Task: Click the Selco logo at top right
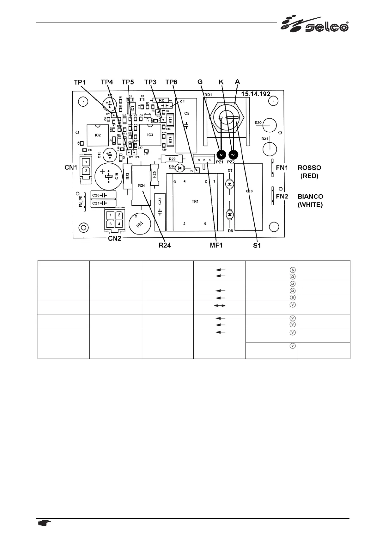coord(315,24)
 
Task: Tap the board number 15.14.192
coord(256,94)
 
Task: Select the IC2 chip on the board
coord(98,135)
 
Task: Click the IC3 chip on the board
coord(150,135)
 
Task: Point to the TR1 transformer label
coord(195,201)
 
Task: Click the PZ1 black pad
coord(221,154)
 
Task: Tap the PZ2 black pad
coord(233,154)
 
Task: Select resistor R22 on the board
coord(172,159)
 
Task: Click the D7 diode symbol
coord(230,184)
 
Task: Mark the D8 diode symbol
coord(230,214)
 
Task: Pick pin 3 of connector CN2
coord(110,224)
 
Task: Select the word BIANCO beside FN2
coord(310,197)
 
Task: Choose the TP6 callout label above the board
coord(171,82)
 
